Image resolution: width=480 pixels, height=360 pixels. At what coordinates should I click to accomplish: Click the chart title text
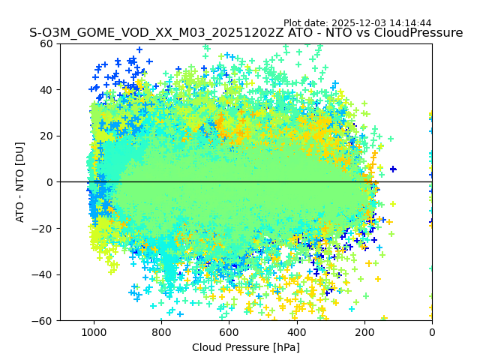[x=246, y=33]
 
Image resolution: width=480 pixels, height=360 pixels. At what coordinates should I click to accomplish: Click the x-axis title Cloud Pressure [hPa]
[x=246, y=347]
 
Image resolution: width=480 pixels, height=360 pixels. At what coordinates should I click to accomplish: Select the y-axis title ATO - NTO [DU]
[x=20, y=181]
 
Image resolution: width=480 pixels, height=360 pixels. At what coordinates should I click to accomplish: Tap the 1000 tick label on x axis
[x=94, y=332]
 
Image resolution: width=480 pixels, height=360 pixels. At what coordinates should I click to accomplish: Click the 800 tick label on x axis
[x=161, y=332]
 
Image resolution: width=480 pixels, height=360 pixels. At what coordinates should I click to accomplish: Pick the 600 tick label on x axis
[x=229, y=332]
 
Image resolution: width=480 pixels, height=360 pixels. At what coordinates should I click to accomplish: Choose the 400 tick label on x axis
[x=296, y=332]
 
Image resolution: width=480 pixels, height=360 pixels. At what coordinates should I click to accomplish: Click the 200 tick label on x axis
[x=364, y=332]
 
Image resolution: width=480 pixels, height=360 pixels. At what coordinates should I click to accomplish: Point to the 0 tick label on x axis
[x=432, y=332]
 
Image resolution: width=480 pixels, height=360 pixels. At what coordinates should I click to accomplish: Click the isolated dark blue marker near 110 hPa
[x=392, y=169]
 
